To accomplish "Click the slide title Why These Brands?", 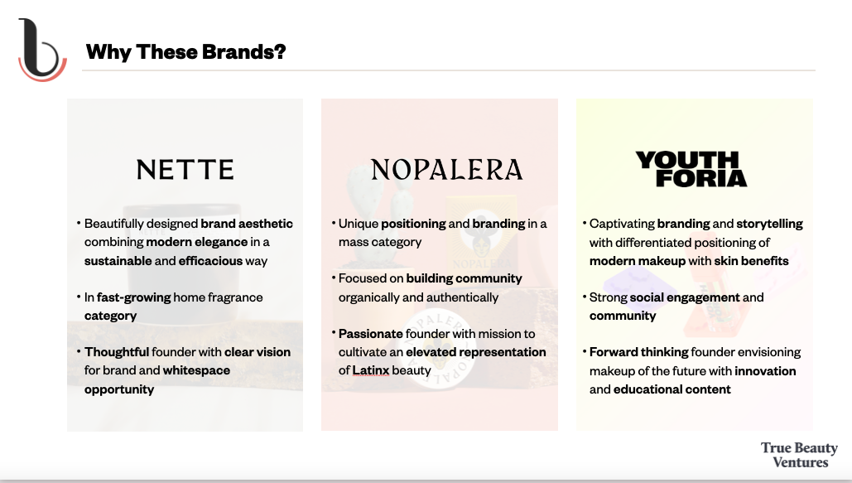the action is (185, 52).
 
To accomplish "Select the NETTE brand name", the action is (185, 170).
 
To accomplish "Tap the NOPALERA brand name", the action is (446, 170).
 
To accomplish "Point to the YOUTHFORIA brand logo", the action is (691, 169).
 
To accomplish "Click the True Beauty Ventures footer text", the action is (799, 455).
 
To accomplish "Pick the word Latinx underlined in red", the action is (371, 370).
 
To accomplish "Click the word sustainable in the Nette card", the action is (118, 261).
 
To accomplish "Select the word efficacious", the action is (210, 261).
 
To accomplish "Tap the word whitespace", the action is (196, 370).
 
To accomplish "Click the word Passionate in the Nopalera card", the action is (371, 333).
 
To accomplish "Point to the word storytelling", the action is (769, 224).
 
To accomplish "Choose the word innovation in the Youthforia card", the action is (765, 371).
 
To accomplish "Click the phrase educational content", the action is (671, 389).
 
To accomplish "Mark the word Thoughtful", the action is (116, 352).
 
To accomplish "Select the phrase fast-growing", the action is (133, 297).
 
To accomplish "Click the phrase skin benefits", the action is (751, 261).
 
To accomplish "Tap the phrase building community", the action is (464, 278).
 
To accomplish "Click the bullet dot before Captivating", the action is (584, 223).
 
